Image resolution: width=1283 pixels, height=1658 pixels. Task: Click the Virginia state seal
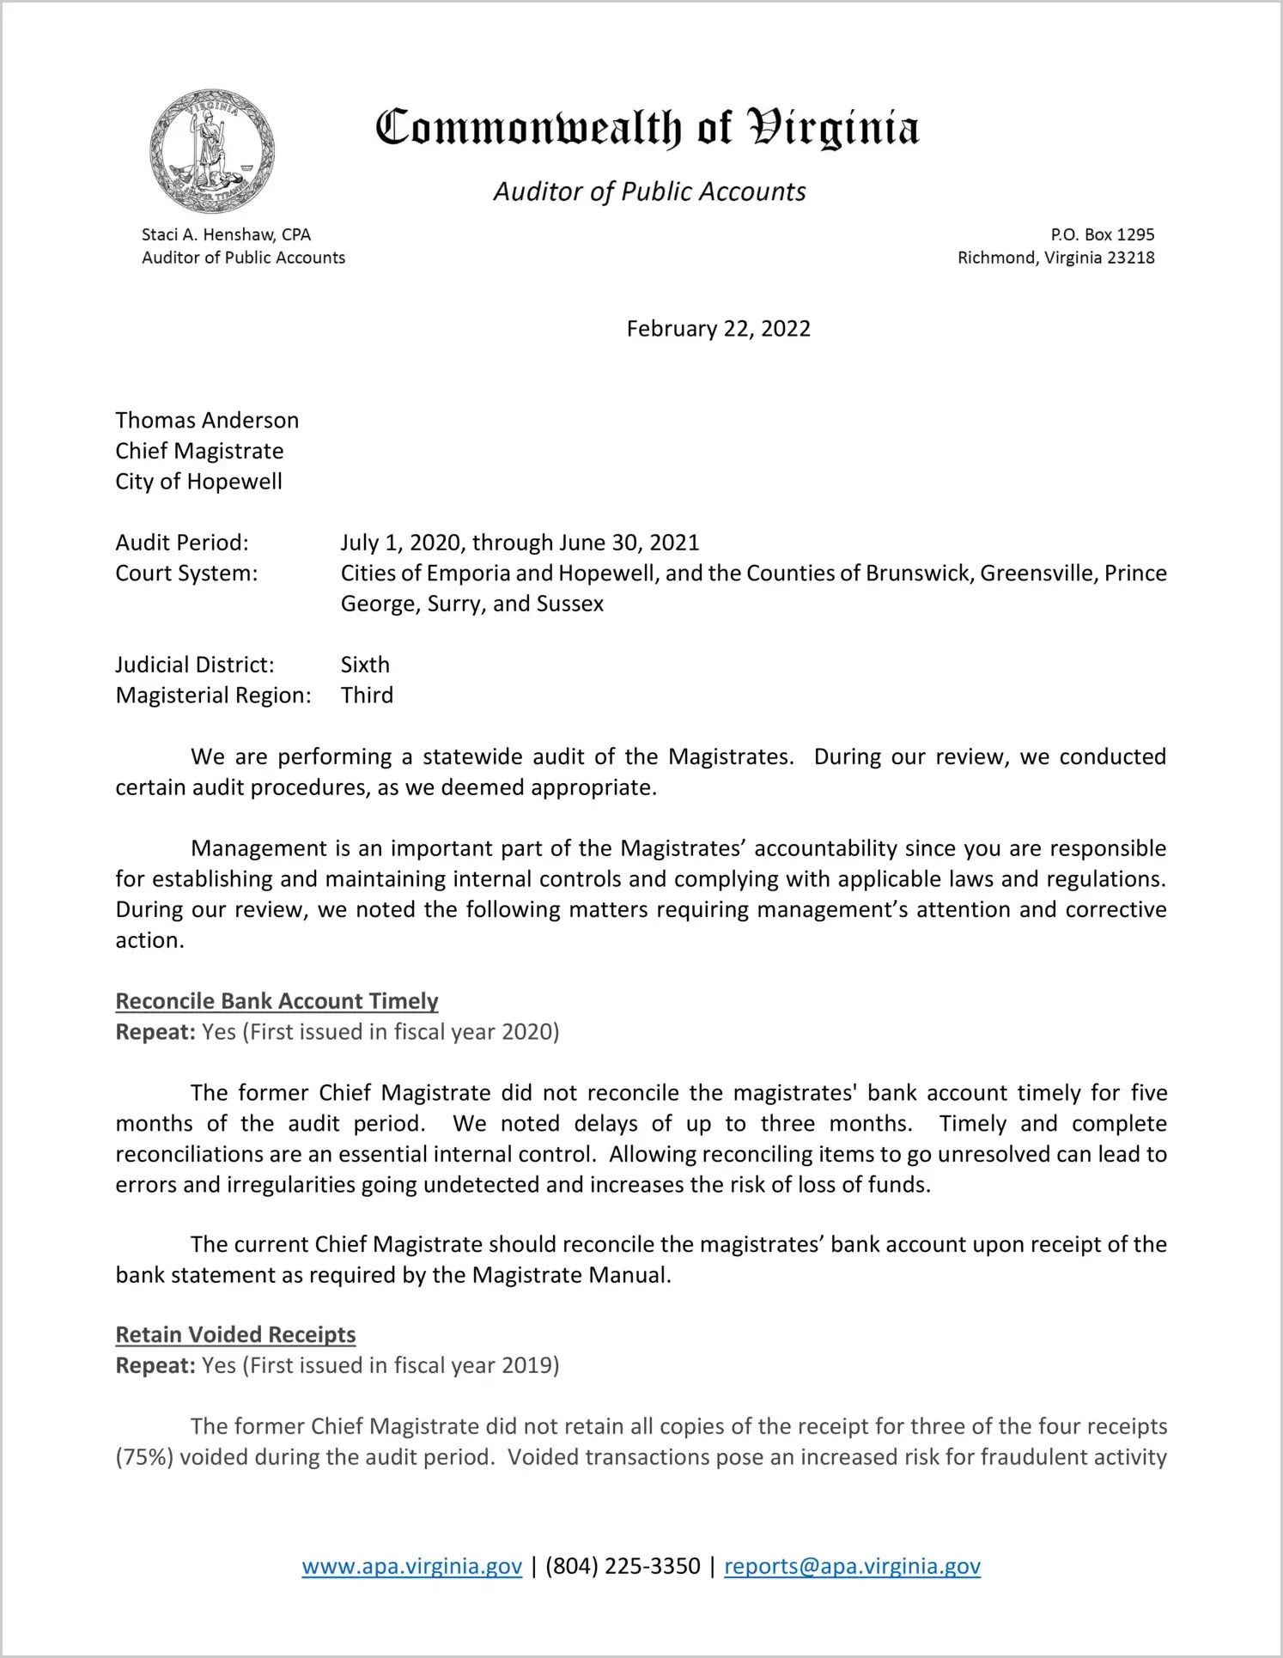212,151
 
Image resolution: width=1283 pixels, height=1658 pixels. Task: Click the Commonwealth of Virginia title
647,128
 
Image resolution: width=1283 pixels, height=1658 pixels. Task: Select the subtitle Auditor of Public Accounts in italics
649,191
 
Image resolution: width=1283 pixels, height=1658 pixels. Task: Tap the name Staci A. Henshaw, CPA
226,234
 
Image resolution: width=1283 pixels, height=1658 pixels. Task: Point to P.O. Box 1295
1102,234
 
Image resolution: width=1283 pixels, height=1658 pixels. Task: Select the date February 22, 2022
718,329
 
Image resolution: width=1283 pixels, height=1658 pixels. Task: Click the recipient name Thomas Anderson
207,420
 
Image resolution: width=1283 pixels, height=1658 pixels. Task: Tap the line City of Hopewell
198,482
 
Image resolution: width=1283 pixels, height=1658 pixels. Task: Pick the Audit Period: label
182,543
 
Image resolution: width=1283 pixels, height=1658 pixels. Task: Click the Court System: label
186,574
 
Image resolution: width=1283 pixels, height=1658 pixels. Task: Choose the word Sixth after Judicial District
365,665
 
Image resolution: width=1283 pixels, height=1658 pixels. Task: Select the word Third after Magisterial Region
367,695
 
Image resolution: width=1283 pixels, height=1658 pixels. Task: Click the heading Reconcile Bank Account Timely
277,1001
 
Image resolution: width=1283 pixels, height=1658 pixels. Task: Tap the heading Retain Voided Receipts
235,1334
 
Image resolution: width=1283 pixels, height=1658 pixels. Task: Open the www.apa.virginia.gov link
411,1566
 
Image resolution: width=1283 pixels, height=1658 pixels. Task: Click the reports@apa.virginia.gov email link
852,1566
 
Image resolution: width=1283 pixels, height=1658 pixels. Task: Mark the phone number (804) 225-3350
623,1566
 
